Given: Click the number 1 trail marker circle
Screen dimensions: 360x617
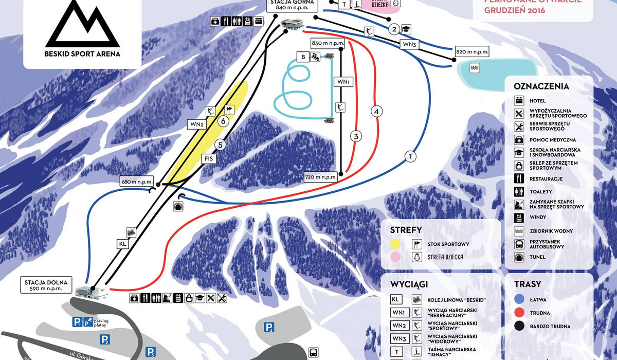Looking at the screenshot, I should tap(410, 156).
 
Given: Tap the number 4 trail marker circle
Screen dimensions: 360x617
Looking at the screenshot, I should tap(377, 111).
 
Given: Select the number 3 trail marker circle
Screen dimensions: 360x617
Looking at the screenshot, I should tap(355, 136).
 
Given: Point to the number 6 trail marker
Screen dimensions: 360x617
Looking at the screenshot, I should tap(223, 121).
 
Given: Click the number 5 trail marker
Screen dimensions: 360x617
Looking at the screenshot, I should tap(220, 145).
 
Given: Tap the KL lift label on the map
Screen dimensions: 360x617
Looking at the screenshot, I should tap(122, 244).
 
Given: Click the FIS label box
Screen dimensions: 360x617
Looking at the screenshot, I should tap(209, 159).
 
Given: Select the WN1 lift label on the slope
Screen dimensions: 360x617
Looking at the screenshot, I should tap(343, 82).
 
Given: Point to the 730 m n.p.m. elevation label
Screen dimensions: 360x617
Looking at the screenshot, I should tap(320, 177).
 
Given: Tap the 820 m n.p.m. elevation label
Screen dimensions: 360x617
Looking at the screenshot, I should tap(472, 52).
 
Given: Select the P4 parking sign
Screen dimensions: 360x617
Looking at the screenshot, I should tap(269, 327).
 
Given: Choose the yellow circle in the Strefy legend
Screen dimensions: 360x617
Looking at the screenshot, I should tap(395, 244).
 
